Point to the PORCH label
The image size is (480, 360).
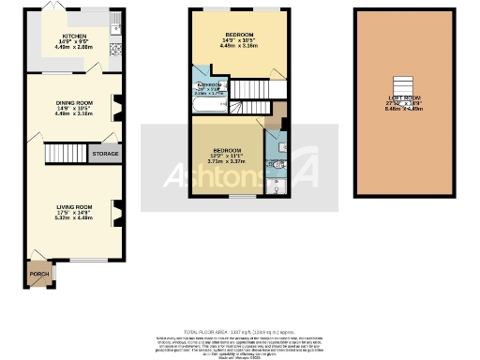[39, 275]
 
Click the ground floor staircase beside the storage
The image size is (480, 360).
[66, 154]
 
